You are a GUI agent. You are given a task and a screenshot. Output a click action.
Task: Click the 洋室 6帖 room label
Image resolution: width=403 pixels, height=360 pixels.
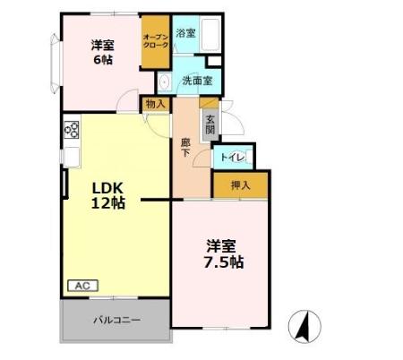[101, 52]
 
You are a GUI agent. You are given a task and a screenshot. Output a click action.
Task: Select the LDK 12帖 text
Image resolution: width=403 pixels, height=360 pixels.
[108, 194]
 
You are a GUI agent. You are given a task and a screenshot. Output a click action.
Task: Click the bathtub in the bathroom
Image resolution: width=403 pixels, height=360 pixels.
[211, 36]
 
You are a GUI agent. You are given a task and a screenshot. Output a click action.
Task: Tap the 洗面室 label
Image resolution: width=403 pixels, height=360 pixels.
[196, 81]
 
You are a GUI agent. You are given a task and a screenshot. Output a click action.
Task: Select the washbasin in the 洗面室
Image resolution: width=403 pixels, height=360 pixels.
[165, 83]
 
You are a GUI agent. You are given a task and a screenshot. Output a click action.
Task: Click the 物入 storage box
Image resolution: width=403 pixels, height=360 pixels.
[156, 105]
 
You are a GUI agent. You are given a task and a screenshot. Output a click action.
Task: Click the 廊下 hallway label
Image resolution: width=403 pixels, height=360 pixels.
[185, 147]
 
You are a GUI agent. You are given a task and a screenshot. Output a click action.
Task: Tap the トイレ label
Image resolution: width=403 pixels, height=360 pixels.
[231, 158]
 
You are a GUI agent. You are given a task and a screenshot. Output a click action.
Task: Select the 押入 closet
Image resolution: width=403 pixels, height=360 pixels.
[239, 185]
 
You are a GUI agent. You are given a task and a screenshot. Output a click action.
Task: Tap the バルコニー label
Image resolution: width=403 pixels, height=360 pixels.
[115, 320]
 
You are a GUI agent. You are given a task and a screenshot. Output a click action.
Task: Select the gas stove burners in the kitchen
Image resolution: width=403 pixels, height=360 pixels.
[71, 132]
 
